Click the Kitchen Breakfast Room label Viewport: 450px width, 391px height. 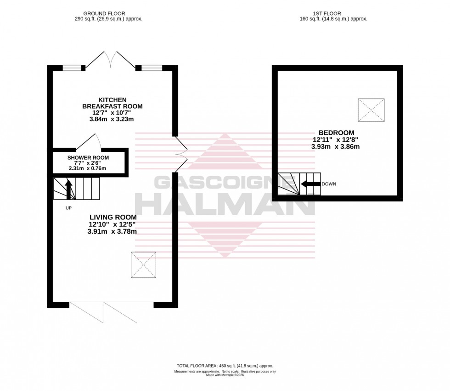112,103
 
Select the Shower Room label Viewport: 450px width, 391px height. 88,158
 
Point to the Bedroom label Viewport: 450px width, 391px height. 336,133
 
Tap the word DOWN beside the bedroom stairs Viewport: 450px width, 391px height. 329,184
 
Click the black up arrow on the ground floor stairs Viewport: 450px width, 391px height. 69,189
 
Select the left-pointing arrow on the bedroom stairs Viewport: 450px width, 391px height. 310,184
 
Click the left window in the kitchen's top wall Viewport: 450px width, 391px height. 72,68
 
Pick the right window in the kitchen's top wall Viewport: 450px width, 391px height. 152,68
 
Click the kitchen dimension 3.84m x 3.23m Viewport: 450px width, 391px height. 112,119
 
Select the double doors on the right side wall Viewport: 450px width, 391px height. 180,154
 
